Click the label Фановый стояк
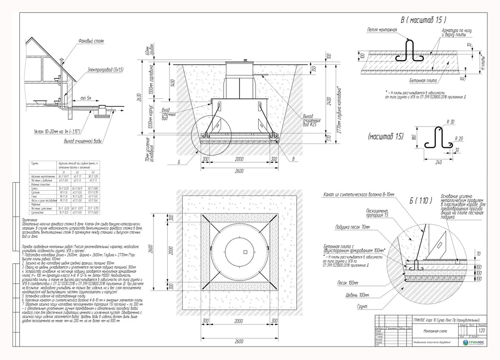point(92,41)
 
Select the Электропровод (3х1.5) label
point(105,70)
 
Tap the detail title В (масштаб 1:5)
point(422,20)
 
